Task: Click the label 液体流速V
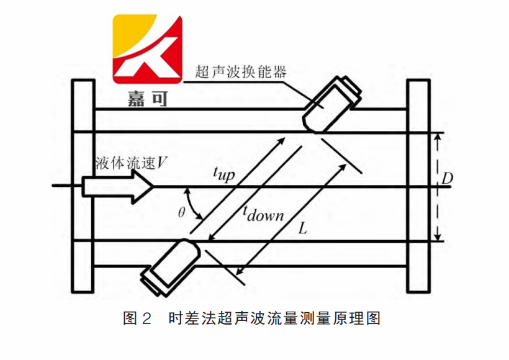pos(131,163)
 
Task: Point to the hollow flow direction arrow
pos(118,186)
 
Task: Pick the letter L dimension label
pos(302,228)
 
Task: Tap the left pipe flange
pos(82,186)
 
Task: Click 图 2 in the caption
pos(138,319)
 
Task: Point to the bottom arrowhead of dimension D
pos(439,237)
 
